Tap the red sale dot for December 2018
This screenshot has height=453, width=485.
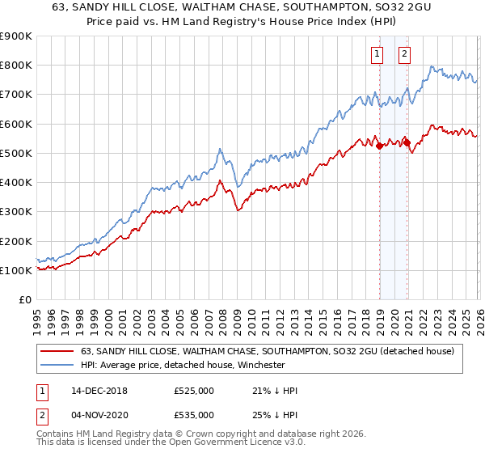click(x=379, y=146)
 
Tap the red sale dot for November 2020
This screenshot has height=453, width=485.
click(x=407, y=142)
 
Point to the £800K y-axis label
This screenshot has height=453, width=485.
click(x=16, y=66)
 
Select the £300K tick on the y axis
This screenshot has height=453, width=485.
click(x=16, y=212)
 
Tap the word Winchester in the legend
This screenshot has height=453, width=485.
click(x=259, y=365)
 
